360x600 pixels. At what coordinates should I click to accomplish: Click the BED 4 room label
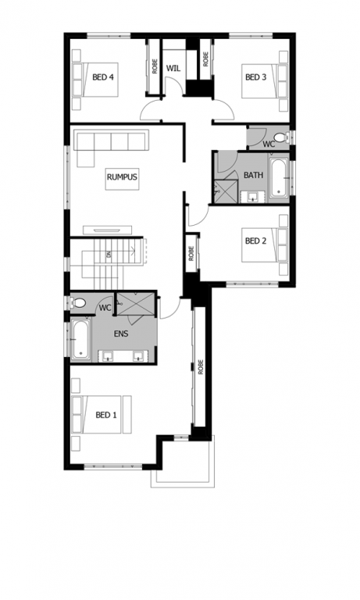[103, 77]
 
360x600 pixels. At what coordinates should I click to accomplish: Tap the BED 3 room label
[255, 77]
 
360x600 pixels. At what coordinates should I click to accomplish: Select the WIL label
[173, 69]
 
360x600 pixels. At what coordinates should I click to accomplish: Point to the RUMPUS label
[122, 177]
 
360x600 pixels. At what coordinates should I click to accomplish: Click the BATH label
[253, 175]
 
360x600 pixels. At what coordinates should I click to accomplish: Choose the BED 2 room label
[255, 241]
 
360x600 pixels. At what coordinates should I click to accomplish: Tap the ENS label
[121, 334]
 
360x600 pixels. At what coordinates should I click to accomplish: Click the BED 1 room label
[106, 415]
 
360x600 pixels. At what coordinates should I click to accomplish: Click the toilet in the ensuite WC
[78, 303]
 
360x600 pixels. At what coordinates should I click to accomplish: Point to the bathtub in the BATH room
[279, 179]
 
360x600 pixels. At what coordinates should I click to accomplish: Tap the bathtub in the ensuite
[80, 339]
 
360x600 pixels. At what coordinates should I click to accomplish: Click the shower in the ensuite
[136, 304]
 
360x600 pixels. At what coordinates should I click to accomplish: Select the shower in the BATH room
[226, 191]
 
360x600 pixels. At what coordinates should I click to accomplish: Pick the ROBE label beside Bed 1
[201, 367]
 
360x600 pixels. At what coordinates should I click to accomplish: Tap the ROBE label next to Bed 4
[155, 66]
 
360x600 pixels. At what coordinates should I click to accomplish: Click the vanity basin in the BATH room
[253, 197]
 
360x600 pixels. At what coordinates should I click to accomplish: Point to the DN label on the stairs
[109, 254]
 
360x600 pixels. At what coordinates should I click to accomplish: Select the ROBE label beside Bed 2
[191, 253]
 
